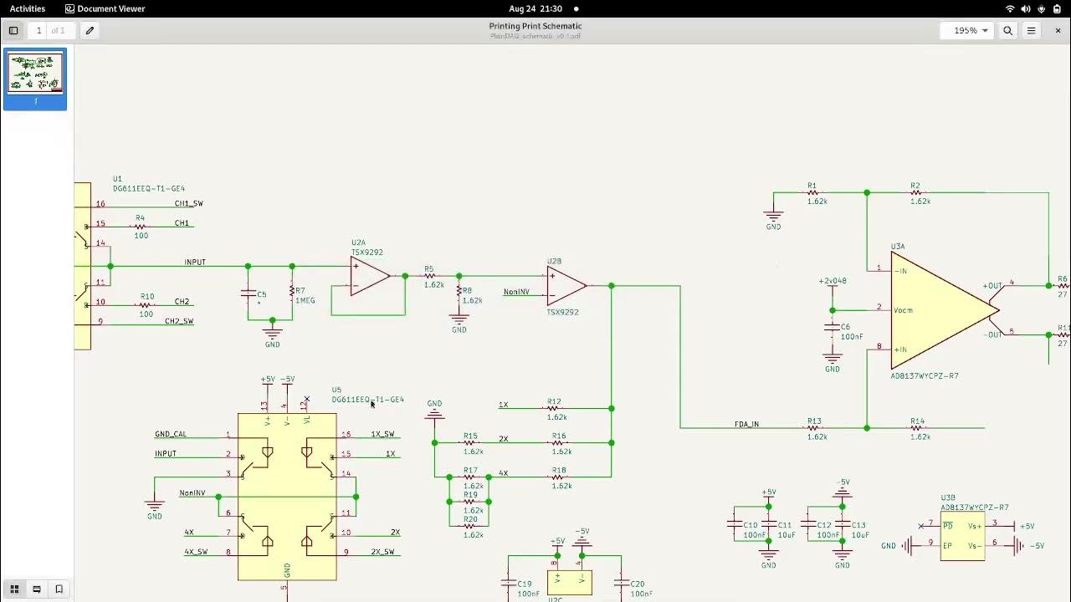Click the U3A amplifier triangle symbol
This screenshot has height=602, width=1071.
point(937,310)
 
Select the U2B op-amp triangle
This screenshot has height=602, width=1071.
point(565,286)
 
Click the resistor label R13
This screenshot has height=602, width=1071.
point(814,421)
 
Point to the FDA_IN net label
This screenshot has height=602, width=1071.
point(746,425)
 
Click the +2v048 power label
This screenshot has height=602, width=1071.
point(833,281)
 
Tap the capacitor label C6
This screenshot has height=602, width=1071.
point(845,327)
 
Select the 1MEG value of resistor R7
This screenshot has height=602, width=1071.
point(305,301)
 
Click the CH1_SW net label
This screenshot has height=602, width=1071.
point(188,203)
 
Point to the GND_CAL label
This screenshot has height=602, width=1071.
point(171,434)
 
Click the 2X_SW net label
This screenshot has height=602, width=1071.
point(382,552)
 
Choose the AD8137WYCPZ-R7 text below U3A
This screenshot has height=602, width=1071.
point(925,376)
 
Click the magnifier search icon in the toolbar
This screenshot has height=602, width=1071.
point(1007,30)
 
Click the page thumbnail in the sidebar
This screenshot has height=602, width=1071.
point(35,74)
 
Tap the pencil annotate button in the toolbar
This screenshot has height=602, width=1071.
point(90,30)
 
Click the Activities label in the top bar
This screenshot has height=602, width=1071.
point(28,8)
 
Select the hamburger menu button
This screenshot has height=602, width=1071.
point(1031,30)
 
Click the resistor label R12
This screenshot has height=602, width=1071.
point(554,401)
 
